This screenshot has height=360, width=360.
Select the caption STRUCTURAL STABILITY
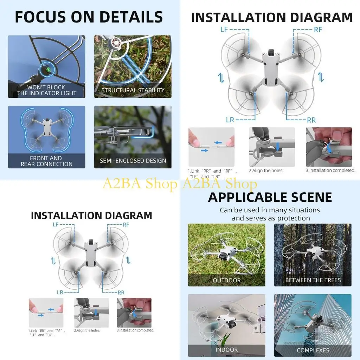pyautogui.click(x=133, y=90)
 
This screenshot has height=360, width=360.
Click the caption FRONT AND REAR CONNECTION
pyautogui.click(x=46, y=161)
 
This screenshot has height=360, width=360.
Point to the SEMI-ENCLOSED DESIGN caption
pyautogui.click(x=133, y=161)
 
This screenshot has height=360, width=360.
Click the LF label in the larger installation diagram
pyautogui.click(x=224, y=30)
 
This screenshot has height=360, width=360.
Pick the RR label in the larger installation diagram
pyautogui.click(x=311, y=120)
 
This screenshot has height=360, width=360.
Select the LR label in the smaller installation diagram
pyautogui.click(x=60, y=292)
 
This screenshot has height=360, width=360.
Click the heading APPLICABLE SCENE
pyautogui.click(x=270, y=197)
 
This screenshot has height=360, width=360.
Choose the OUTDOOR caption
pyautogui.click(x=227, y=280)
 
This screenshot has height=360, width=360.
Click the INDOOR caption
pyautogui.click(x=227, y=350)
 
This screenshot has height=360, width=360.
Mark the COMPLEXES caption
pyautogui.click(x=313, y=350)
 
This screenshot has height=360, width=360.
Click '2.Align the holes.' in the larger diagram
pyautogui.click(x=266, y=171)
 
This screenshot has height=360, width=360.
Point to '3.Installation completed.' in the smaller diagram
pyautogui.click(x=135, y=330)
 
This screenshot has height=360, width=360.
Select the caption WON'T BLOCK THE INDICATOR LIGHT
pyautogui.click(x=46, y=90)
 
